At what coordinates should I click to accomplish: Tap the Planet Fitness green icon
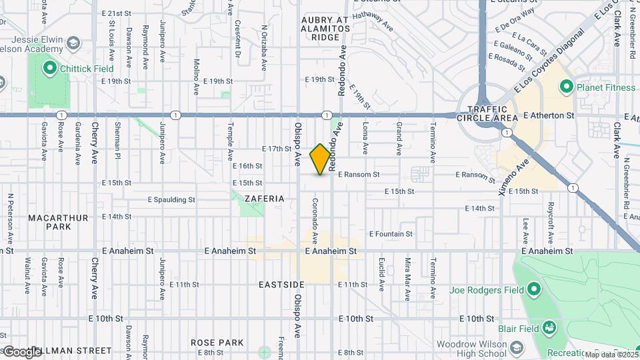point(566,86)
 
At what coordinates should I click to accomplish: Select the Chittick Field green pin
point(49,68)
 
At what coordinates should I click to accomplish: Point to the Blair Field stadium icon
point(549,328)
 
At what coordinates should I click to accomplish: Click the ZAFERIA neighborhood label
point(264,199)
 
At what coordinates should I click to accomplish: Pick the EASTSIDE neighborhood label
point(281,285)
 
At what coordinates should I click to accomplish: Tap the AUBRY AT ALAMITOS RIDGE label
point(325,29)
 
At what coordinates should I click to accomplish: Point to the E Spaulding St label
point(171,199)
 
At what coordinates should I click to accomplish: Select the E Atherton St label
point(549,115)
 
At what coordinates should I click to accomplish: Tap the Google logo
point(22,351)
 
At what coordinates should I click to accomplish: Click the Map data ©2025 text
point(611,355)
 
